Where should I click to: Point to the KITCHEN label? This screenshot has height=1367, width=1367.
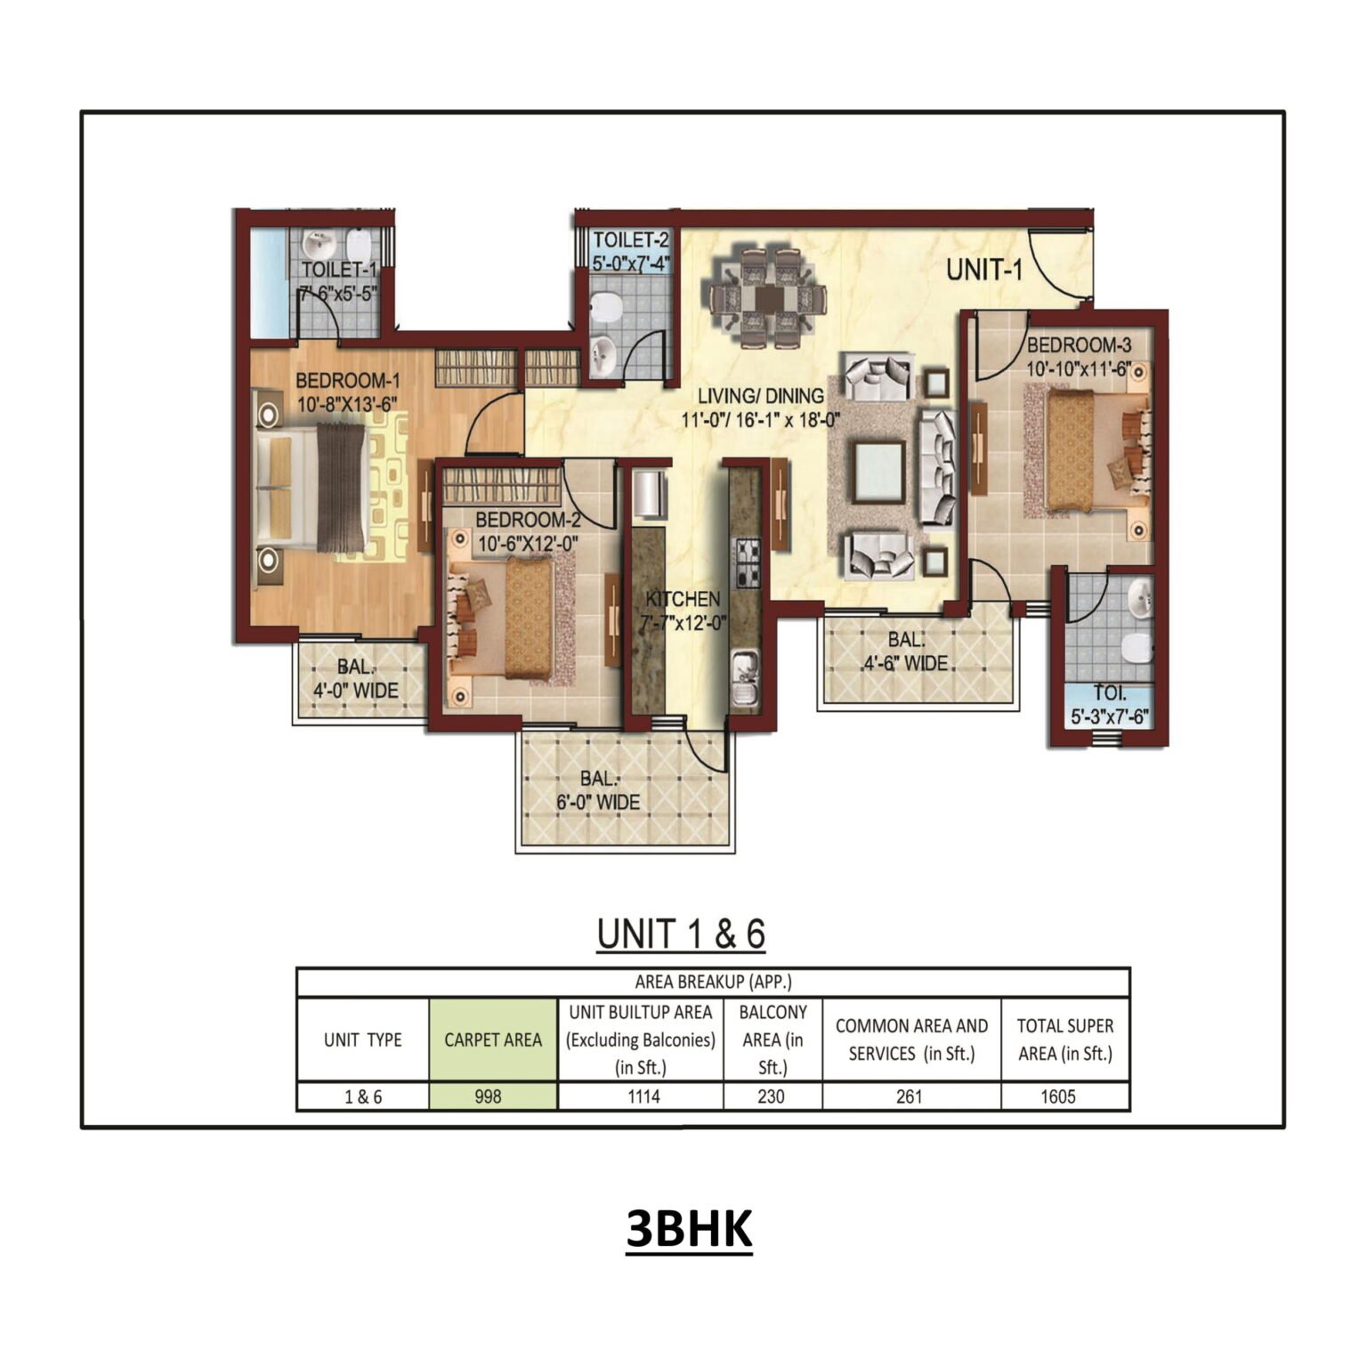tap(683, 599)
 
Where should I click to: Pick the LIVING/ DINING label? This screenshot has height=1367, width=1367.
tap(760, 396)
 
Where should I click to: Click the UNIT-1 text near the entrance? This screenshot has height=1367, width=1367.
tap(984, 270)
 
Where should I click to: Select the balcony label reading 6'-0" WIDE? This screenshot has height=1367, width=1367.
tap(598, 802)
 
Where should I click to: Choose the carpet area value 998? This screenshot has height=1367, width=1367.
tap(488, 1096)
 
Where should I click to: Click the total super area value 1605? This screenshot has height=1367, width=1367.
tap(1058, 1096)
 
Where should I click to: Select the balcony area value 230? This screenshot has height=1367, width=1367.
tap(771, 1096)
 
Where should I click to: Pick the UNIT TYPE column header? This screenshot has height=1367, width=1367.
tap(362, 1039)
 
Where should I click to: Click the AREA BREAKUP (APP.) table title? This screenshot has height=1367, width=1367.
tap(713, 983)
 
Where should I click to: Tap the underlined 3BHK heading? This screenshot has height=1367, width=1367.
tap(689, 1229)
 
